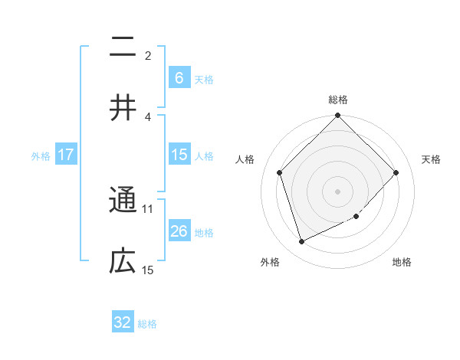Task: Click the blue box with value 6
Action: [x=179, y=77]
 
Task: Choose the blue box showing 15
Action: [x=179, y=155]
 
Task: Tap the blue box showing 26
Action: [x=179, y=231]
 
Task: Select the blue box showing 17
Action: [x=66, y=155]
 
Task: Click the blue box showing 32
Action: [x=123, y=322]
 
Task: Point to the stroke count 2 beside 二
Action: [x=148, y=55]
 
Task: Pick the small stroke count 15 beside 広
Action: [x=148, y=270]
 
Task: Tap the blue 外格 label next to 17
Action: [x=41, y=155]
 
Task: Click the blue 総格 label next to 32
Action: [x=147, y=323]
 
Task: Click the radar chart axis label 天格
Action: [x=431, y=159]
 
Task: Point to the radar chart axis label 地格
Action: [x=402, y=263]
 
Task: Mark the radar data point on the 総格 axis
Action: [x=337, y=116]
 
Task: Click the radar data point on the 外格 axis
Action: [x=301, y=242]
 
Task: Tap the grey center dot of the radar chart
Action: [x=337, y=191]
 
